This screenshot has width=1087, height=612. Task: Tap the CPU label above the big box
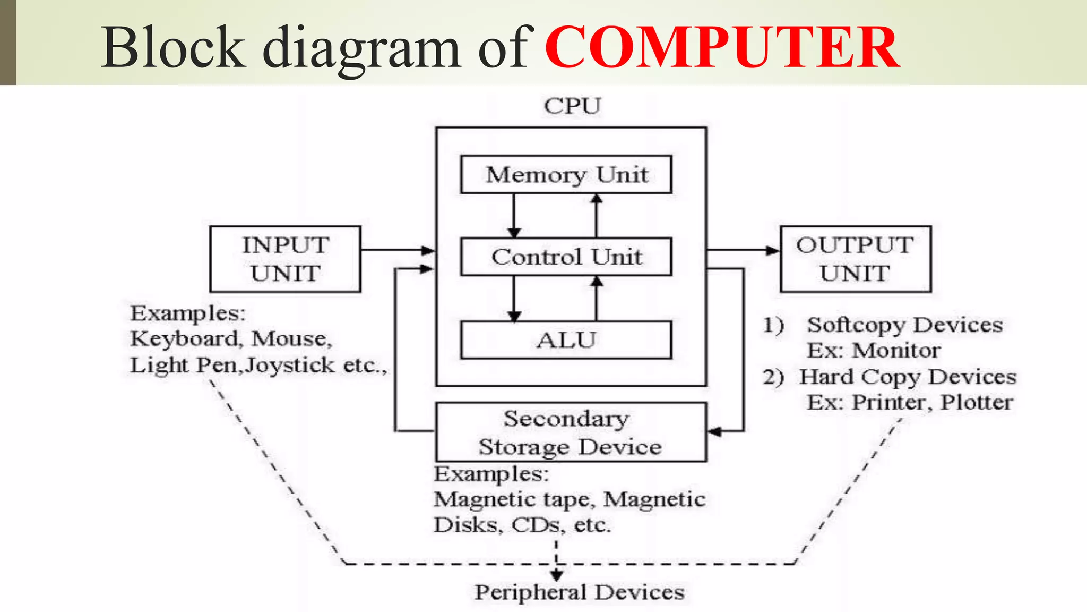pyautogui.click(x=572, y=106)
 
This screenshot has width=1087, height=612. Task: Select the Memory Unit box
pyautogui.click(x=566, y=174)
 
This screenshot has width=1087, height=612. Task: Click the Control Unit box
pyautogui.click(x=566, y=257)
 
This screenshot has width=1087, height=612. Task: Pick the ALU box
pyautogui.click(x=566, y=340)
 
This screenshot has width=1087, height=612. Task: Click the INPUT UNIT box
pyautogui.click(x=285, y=259)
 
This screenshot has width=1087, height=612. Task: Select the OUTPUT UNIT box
pyautogui.click(x=855, y=259)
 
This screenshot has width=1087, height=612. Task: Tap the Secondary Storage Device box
pyautogui.click(x=571, y=432)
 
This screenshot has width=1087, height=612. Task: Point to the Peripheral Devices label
pyautogui.click(x=579, y=592)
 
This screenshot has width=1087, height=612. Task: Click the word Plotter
pyautogui.click(x=976, y=402)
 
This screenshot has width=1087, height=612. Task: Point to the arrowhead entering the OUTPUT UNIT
pyautogui.click(x=773, y=250)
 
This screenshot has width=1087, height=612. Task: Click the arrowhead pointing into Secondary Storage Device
pyautogui.click(x=714, y=431)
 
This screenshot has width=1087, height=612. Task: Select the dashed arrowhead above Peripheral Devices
pyautogui.click(x=556, y=575)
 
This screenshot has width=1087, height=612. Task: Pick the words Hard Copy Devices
pyautogui.click(x=908, y=377)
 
